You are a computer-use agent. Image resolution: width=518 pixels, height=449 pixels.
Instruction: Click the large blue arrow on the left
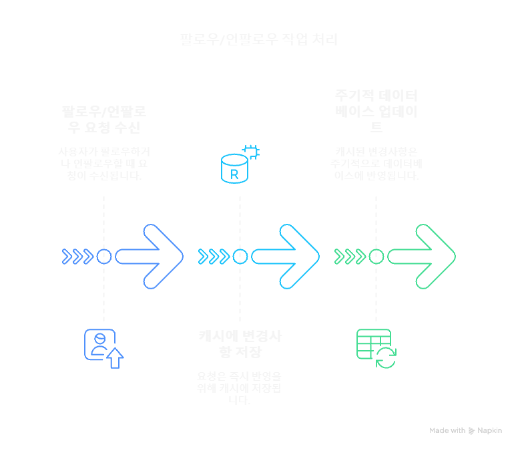(x=150, y=257)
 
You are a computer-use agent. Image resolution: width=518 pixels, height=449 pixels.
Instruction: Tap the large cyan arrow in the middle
(x=286, y=257)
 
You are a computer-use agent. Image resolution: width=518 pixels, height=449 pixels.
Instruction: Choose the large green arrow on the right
(x=422, y=257)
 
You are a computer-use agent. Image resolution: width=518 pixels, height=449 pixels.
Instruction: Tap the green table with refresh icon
(x=376, y=348)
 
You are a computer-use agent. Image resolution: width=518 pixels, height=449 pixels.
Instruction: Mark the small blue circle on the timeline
(x=103, y=257)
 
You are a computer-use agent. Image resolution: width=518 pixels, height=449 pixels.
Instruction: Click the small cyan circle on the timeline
(x=240, y=257)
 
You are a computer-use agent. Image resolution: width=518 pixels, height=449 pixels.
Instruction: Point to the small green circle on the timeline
(x=376, y=257)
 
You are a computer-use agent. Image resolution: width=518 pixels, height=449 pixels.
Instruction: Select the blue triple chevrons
(x=78, y=257)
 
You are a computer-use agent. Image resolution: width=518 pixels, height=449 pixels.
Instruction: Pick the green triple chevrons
(x=350, y=257)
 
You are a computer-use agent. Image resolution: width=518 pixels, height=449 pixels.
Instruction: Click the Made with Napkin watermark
(x=465, y=431)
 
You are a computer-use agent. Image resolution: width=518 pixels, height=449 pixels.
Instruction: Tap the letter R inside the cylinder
(x=234, y=174)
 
